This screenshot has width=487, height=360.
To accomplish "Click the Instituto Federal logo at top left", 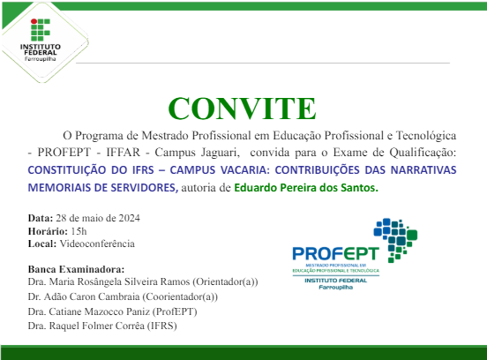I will click(x=40, y=36).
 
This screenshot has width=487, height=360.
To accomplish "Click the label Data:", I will click(x=41, y=217).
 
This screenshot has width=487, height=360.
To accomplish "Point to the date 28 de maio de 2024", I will click(x=97, y=217).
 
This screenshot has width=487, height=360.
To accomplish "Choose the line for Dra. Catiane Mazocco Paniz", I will click(x=112, y=311).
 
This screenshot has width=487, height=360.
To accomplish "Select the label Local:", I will click(x=42, y=243).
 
